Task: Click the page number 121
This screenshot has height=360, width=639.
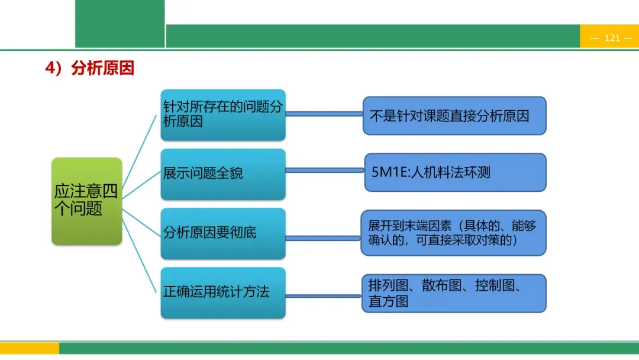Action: [612, 38]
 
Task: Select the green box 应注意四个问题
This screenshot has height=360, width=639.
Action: [86, 201]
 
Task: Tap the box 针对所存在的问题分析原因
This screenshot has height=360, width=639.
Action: [222, 115]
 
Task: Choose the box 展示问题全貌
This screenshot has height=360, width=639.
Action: [222, 173]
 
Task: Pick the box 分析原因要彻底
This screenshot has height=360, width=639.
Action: [222, 233]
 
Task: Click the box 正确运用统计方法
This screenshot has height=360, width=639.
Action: [222, 292]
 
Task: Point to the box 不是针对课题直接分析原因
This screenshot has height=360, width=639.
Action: [454, 116]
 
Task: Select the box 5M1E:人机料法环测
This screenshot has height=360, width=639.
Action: [454, 172]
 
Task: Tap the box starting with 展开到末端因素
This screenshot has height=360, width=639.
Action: [453, 233]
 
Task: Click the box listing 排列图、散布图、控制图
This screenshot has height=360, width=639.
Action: [453, 293]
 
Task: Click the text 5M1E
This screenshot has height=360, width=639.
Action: [386, 172]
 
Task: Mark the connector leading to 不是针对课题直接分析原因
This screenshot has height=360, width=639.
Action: [324, 114]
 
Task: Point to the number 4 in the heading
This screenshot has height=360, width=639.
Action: [50, 69]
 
